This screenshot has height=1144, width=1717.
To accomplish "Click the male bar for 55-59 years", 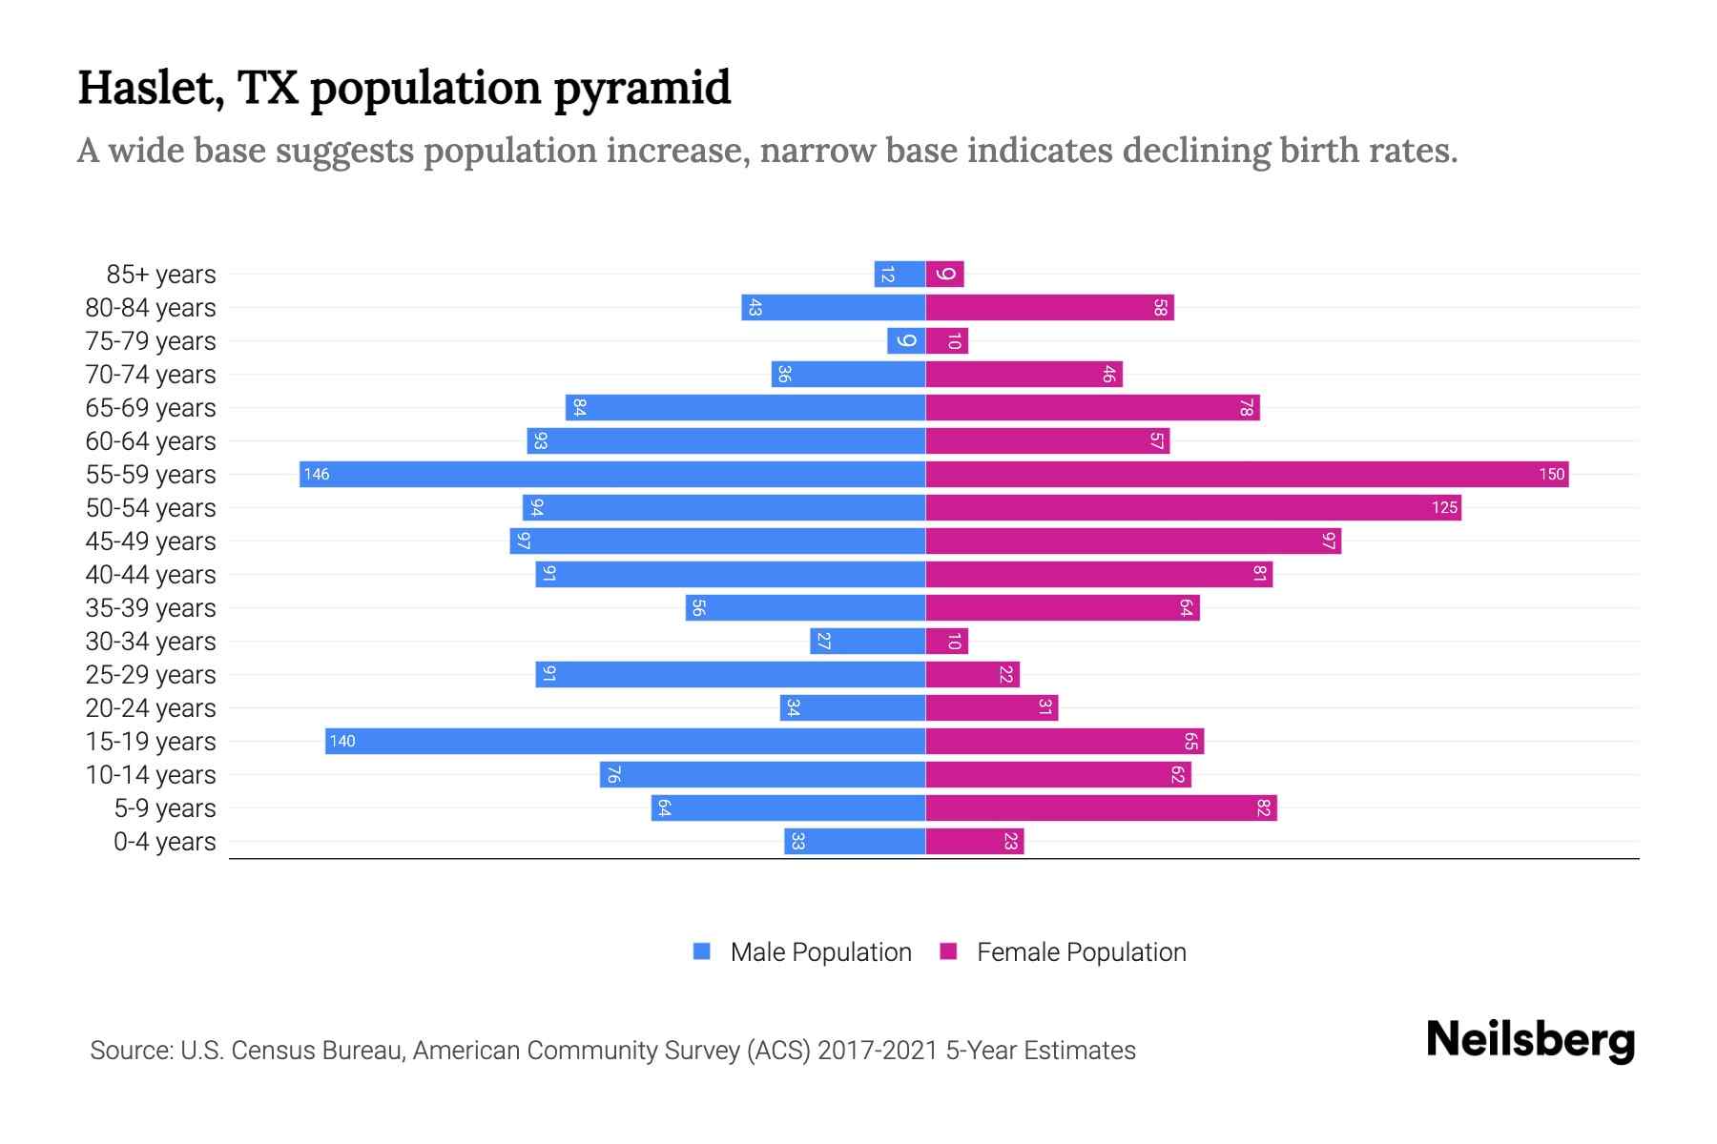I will [612, 474].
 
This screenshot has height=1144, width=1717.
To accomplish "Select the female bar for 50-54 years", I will [1192, 507].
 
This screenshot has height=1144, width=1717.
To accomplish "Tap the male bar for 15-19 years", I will [625, 741].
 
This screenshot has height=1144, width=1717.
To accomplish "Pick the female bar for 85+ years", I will [944, 275].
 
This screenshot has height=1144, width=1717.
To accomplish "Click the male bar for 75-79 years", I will [906, 341].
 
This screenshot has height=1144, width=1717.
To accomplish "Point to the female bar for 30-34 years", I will [946, 641].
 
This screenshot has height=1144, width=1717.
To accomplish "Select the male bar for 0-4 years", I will [855, 841].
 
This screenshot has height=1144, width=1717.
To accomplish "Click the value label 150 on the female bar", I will [1551, 474].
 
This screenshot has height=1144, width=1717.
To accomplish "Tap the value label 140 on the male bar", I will [342, 741].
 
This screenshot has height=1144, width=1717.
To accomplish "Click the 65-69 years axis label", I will [151, 408].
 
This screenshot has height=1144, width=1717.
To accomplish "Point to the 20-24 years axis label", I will [151, 708].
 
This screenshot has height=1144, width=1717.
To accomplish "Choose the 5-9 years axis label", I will [164, 808].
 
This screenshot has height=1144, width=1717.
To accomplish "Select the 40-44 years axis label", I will [151, 575].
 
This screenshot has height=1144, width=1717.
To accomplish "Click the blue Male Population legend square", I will [702, 951].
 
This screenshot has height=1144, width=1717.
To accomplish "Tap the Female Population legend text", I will [1081, 951].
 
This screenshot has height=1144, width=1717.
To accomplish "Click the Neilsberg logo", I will [1530, 1040].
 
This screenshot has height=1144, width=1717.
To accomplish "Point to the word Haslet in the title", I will [151, 88].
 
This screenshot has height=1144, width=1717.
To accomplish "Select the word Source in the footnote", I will [130, 1051].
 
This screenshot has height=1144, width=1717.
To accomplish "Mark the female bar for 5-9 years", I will [1101, 808].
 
